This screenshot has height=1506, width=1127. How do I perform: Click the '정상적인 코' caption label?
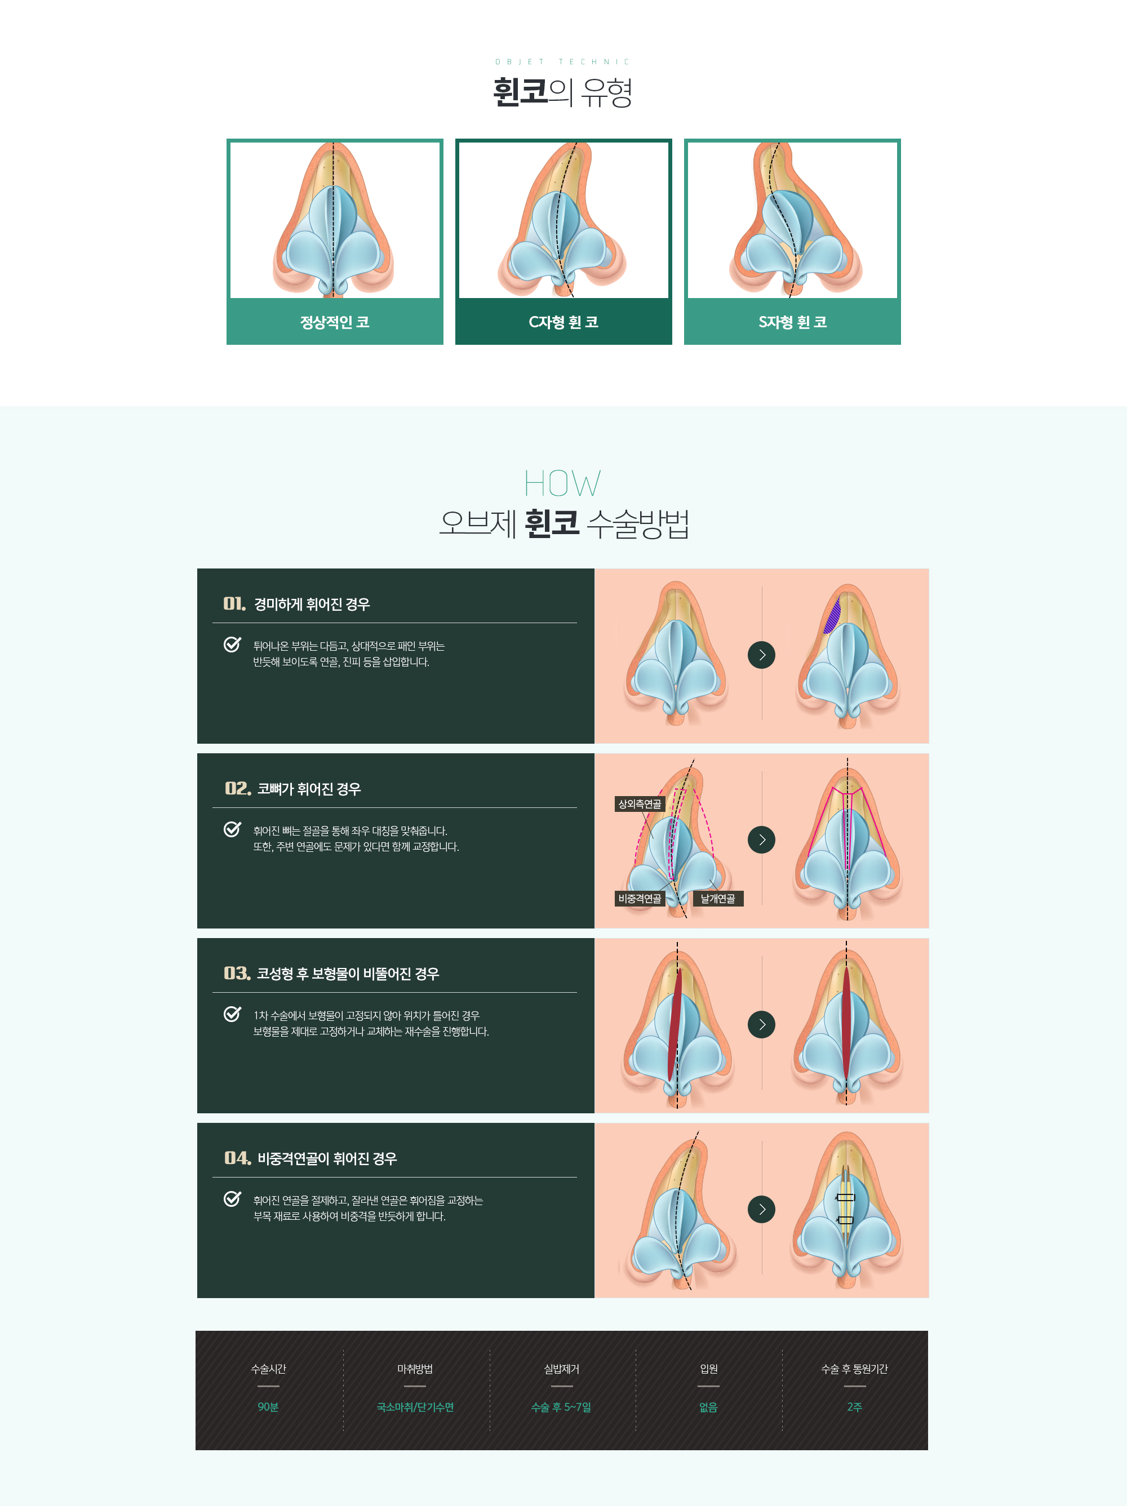(334, 322)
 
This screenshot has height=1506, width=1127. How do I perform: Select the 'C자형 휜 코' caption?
(563, 322)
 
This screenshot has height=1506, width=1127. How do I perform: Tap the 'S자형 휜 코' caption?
(792, 322)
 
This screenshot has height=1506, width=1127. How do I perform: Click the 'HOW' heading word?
(562, 483)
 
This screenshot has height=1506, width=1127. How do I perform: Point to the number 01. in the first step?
(234, 604)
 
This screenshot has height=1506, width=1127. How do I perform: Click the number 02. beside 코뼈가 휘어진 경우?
(238, 788)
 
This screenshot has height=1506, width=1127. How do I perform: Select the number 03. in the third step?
(237, 974)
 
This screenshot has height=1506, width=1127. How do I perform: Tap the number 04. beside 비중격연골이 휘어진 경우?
(238, 1158)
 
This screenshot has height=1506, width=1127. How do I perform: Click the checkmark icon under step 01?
(232, 644)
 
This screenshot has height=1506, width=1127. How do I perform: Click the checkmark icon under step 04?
(232, 1198)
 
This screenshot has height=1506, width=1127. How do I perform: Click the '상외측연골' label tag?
(640, 804)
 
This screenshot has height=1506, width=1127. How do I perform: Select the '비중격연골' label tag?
(640, 899)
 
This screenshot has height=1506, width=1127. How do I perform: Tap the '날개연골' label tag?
(718, 899)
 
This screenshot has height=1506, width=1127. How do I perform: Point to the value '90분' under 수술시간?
(268, 1407)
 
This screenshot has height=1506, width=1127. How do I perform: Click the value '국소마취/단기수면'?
(415, 1407)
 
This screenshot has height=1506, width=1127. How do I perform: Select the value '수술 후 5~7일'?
(561, 1407)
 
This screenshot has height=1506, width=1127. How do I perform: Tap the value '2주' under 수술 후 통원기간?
(855, 1407)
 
